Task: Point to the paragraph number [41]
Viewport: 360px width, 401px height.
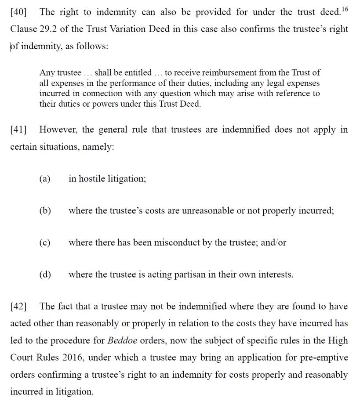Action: pos(18,130)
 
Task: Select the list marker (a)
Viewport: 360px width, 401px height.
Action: pos(45,179)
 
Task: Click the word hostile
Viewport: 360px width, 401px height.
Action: pos(92,179)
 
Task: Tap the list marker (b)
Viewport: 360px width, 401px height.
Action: pos(45,211)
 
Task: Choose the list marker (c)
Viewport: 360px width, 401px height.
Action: pos(45,242)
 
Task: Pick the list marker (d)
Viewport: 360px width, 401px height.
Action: pos(45,275)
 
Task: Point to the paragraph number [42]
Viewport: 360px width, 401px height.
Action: pos(18,307)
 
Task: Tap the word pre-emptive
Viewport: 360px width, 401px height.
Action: pos(324,358)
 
